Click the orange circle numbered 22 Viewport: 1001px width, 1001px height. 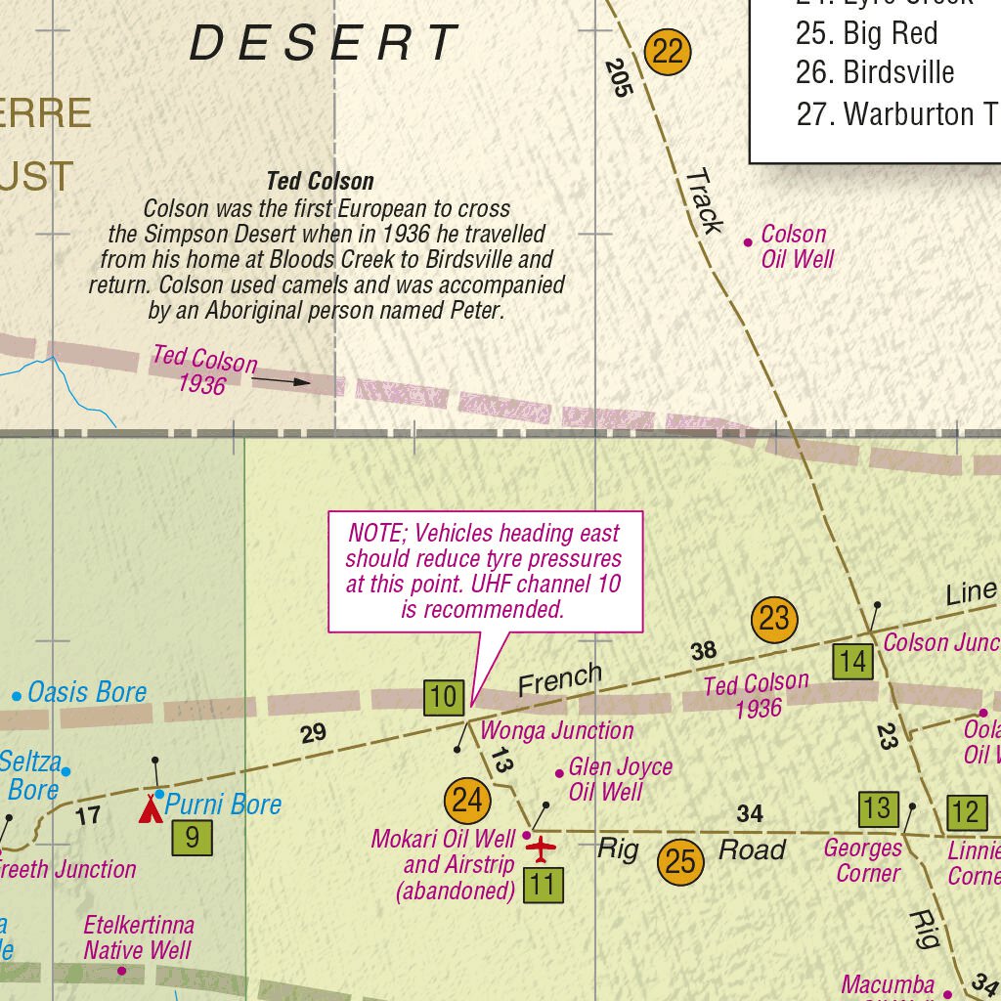click(x=668, y=51)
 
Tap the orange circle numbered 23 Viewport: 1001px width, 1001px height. click(x=774, y=619)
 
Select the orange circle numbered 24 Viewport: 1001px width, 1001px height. click(x=467, y=801)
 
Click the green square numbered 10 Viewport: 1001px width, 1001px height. click(x=444, y=697)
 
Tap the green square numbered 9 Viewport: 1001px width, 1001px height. click(x=192, y=837)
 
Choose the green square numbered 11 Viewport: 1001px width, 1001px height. click(x=544, y=886)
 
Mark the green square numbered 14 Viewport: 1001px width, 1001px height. click(x=852, y=662)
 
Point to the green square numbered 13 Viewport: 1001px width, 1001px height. click(x=877, y=808)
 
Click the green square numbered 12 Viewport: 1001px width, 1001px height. click(x=965, y=812)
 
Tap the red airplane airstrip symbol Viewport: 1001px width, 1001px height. click(x=540, y=849)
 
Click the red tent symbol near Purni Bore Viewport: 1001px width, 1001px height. click(x=151, y=808)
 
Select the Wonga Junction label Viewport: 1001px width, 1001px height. click(x=557, y=730)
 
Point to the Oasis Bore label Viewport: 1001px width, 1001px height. click(x=86, y=693)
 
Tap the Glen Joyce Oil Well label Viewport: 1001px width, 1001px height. click(x=620, y=778)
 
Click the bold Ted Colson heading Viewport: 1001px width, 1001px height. click(x=320, y=181)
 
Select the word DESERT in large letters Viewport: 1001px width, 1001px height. click(x=324, y=44)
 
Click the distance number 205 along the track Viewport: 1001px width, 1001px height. click(x=619, y=78)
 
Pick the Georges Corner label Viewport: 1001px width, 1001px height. click(x=862, y=860)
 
